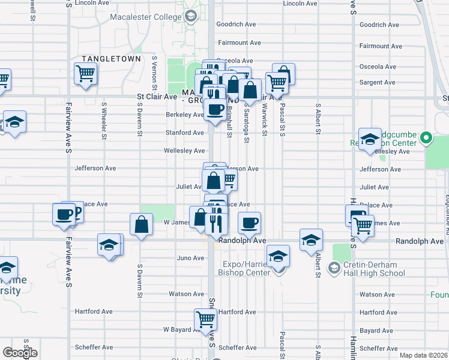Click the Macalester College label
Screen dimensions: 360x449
tap(146, 16)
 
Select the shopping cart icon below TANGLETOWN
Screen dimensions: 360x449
tap(85, 74)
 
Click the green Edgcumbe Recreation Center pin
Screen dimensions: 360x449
tap(426, 138)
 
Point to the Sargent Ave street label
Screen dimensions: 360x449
tap(377, 82)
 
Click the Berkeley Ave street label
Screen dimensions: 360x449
tap(184, 115)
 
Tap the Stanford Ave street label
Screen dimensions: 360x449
tap(184, 133)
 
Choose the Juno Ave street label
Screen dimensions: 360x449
tap(190, 258)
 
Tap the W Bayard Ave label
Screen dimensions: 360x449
tap(181, 329)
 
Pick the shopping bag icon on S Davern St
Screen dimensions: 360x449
tap(141, 226)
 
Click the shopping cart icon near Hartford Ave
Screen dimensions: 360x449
tap(205, 319)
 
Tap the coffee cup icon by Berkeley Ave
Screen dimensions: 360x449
tap(215, 109)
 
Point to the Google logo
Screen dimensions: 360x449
tap(20, 353)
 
